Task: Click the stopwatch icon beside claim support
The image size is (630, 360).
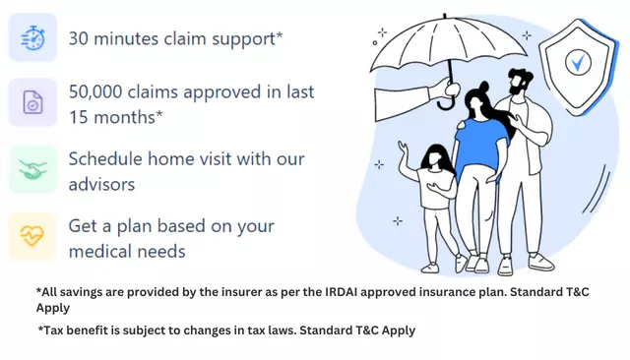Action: click(x=33, y=39)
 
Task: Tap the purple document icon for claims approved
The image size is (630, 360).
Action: click(x=33, y=103)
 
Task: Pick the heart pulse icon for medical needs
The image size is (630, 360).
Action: click(x=33, y=238)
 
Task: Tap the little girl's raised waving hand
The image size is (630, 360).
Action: click(x=404, y=149)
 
